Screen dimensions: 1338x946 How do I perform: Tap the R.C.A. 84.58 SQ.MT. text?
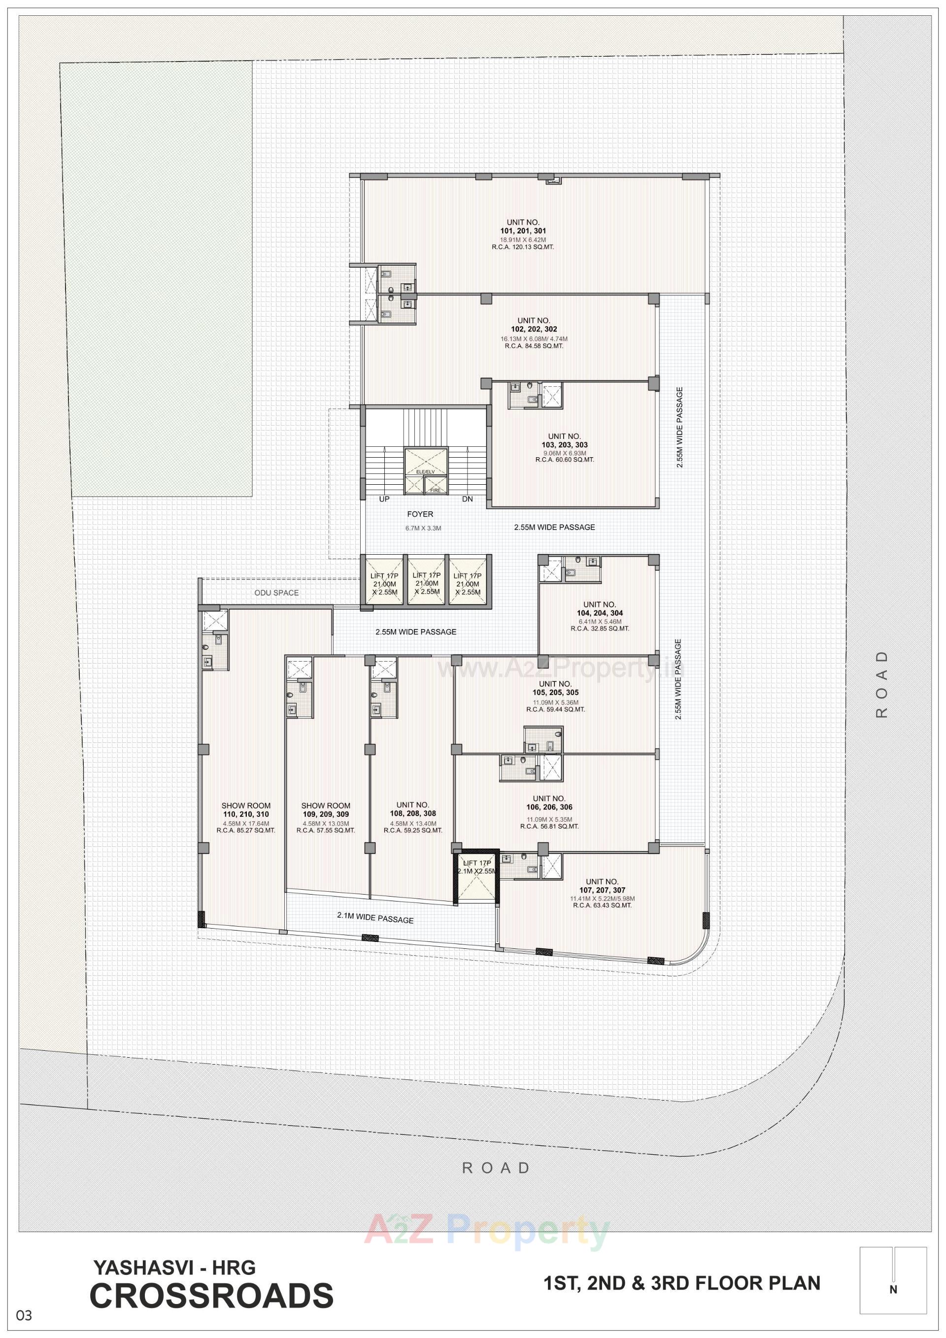click(533, 345)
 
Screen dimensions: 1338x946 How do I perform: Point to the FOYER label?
click(420, 514)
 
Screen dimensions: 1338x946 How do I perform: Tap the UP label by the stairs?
click(384, 499)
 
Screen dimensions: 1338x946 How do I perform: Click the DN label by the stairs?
click(468, 499)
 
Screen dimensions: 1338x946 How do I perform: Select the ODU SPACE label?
click(276, 593)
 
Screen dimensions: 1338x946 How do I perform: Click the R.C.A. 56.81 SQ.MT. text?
click(549, 826)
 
